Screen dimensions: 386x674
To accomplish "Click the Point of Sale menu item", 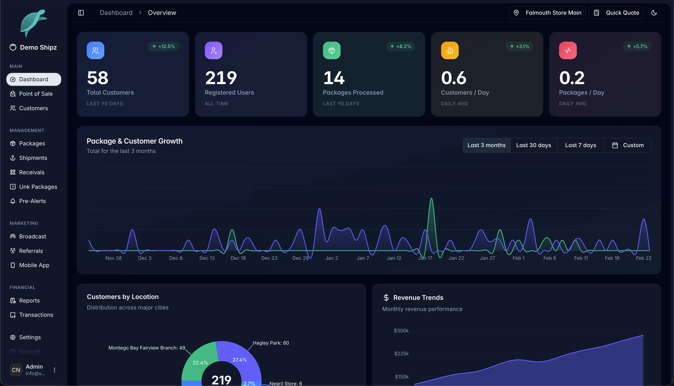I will (36, 94).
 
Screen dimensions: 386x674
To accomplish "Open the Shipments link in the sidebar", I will (33, 158).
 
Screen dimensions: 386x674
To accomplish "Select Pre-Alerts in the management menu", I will (32, 201).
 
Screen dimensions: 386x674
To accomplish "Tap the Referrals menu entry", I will (31, 251).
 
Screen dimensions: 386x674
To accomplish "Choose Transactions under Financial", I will (36, 315).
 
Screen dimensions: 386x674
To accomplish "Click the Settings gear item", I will (30, 337).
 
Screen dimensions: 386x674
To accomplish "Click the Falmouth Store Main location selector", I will (547, 13).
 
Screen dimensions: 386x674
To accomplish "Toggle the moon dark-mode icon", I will (654, 13).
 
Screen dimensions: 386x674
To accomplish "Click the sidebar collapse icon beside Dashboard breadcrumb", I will (81, 13).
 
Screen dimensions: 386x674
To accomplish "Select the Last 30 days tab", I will (533, 145).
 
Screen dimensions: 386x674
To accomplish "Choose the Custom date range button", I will (628, 145).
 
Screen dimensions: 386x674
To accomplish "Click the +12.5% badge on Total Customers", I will (163, 46).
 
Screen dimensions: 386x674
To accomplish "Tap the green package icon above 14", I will (331, 50).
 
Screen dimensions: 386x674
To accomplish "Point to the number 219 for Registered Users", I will (221, 78).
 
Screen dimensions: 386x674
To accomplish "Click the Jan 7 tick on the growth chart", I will (363, 258).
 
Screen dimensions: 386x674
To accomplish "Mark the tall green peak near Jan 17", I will (432, 199).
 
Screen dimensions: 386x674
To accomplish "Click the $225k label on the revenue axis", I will (401, 354).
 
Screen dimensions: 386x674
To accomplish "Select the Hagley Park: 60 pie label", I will (271, 343).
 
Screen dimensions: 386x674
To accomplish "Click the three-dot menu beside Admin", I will (54, 370).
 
